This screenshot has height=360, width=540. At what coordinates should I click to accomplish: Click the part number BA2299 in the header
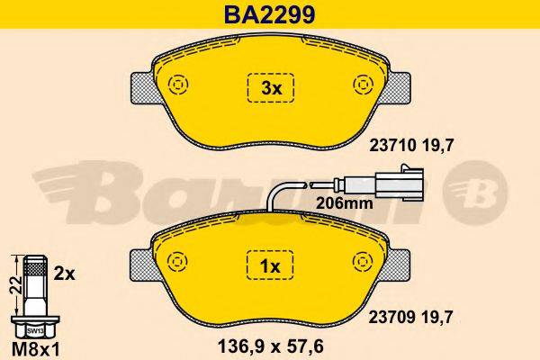pos(269,13)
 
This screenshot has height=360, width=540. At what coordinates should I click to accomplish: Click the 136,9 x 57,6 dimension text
pos(271,342)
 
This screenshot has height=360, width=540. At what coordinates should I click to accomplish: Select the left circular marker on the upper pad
pos(175,84)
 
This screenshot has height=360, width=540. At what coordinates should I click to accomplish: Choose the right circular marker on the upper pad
pos(364,84)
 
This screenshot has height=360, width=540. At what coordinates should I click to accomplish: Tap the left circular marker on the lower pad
pos(175,262)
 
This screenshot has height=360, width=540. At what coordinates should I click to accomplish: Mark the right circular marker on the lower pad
pos(364,262)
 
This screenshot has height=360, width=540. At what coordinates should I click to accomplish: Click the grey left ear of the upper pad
pos(143,86)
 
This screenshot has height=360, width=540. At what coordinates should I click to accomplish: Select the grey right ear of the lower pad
pos(399,264)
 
